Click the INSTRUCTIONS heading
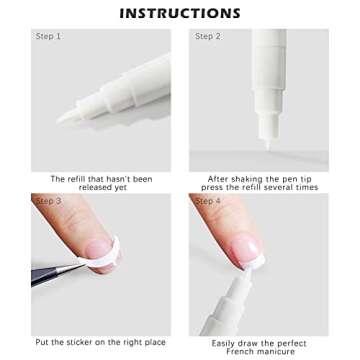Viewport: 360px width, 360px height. tap(180, 13)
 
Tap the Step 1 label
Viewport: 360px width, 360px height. tap(48, 37)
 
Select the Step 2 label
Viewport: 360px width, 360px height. tap(207, 37)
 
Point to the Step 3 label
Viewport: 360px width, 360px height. tap(49, 201)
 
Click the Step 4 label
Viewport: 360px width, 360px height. tap(208, 201)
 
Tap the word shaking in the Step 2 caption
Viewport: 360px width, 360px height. tap(245, 179)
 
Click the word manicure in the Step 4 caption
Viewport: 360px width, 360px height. tap(278, 351)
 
